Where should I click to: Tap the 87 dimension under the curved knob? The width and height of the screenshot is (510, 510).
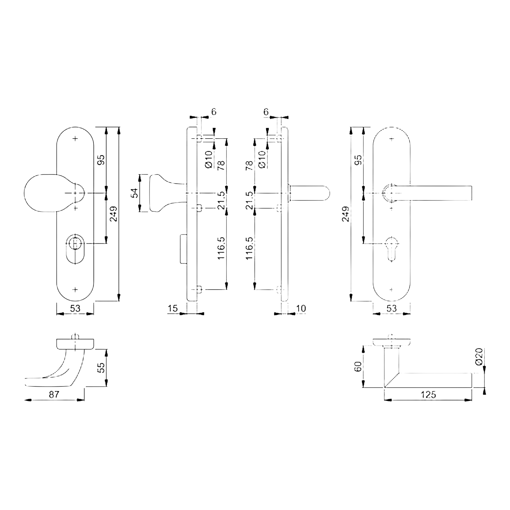[54, 394]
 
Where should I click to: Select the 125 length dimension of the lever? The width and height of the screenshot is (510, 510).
[428, 394]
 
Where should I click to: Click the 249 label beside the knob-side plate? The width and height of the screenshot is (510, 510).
[113, 214]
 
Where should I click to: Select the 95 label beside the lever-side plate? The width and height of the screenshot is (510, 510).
[358, 160]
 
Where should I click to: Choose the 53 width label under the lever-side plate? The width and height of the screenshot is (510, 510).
[391, 308]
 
